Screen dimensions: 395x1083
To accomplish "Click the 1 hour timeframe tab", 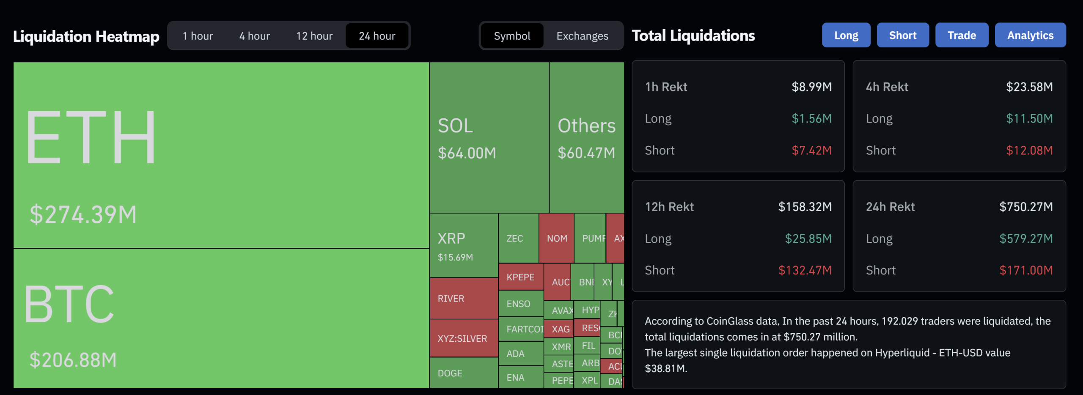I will [198, 36].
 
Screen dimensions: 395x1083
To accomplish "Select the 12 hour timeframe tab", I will [314, 36].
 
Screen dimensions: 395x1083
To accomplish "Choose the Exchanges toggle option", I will [582, 36].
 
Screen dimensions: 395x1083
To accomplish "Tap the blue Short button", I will [902, 35].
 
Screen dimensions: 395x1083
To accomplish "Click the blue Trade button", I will [962, 35].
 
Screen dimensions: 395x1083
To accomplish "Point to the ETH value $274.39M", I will [83, 214].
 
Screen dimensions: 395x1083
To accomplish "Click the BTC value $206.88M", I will [73, 360].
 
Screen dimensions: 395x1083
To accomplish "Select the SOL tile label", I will [455, 126].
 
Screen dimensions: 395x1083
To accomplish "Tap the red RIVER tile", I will [463, 299].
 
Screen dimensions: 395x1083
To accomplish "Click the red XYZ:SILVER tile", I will [463, 338].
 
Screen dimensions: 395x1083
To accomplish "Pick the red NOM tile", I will [556, 239].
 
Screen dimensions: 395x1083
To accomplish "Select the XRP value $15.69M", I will [455, 257].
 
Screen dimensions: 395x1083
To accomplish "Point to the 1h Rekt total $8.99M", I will [811, 87].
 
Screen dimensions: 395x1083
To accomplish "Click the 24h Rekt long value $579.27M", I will [1025, 239].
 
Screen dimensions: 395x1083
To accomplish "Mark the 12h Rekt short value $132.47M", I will [805, 270].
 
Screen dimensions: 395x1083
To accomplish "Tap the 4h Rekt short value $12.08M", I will [1029, 151].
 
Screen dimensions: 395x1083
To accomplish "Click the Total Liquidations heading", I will [693, 36].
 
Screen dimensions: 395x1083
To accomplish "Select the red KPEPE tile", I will [520, 277].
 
